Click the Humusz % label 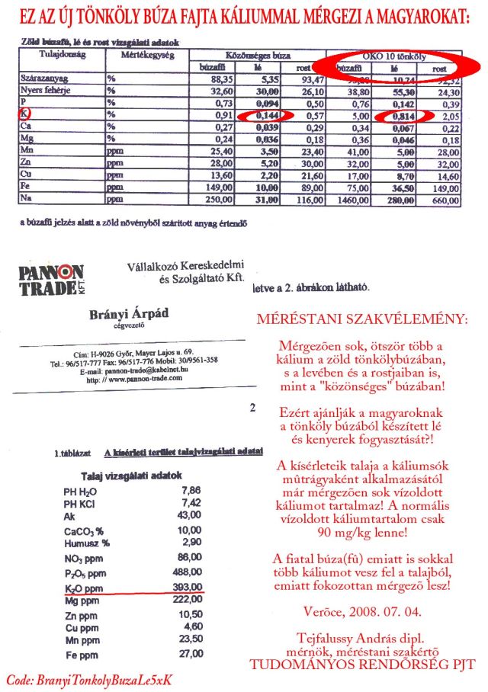[x=87, y=543]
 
